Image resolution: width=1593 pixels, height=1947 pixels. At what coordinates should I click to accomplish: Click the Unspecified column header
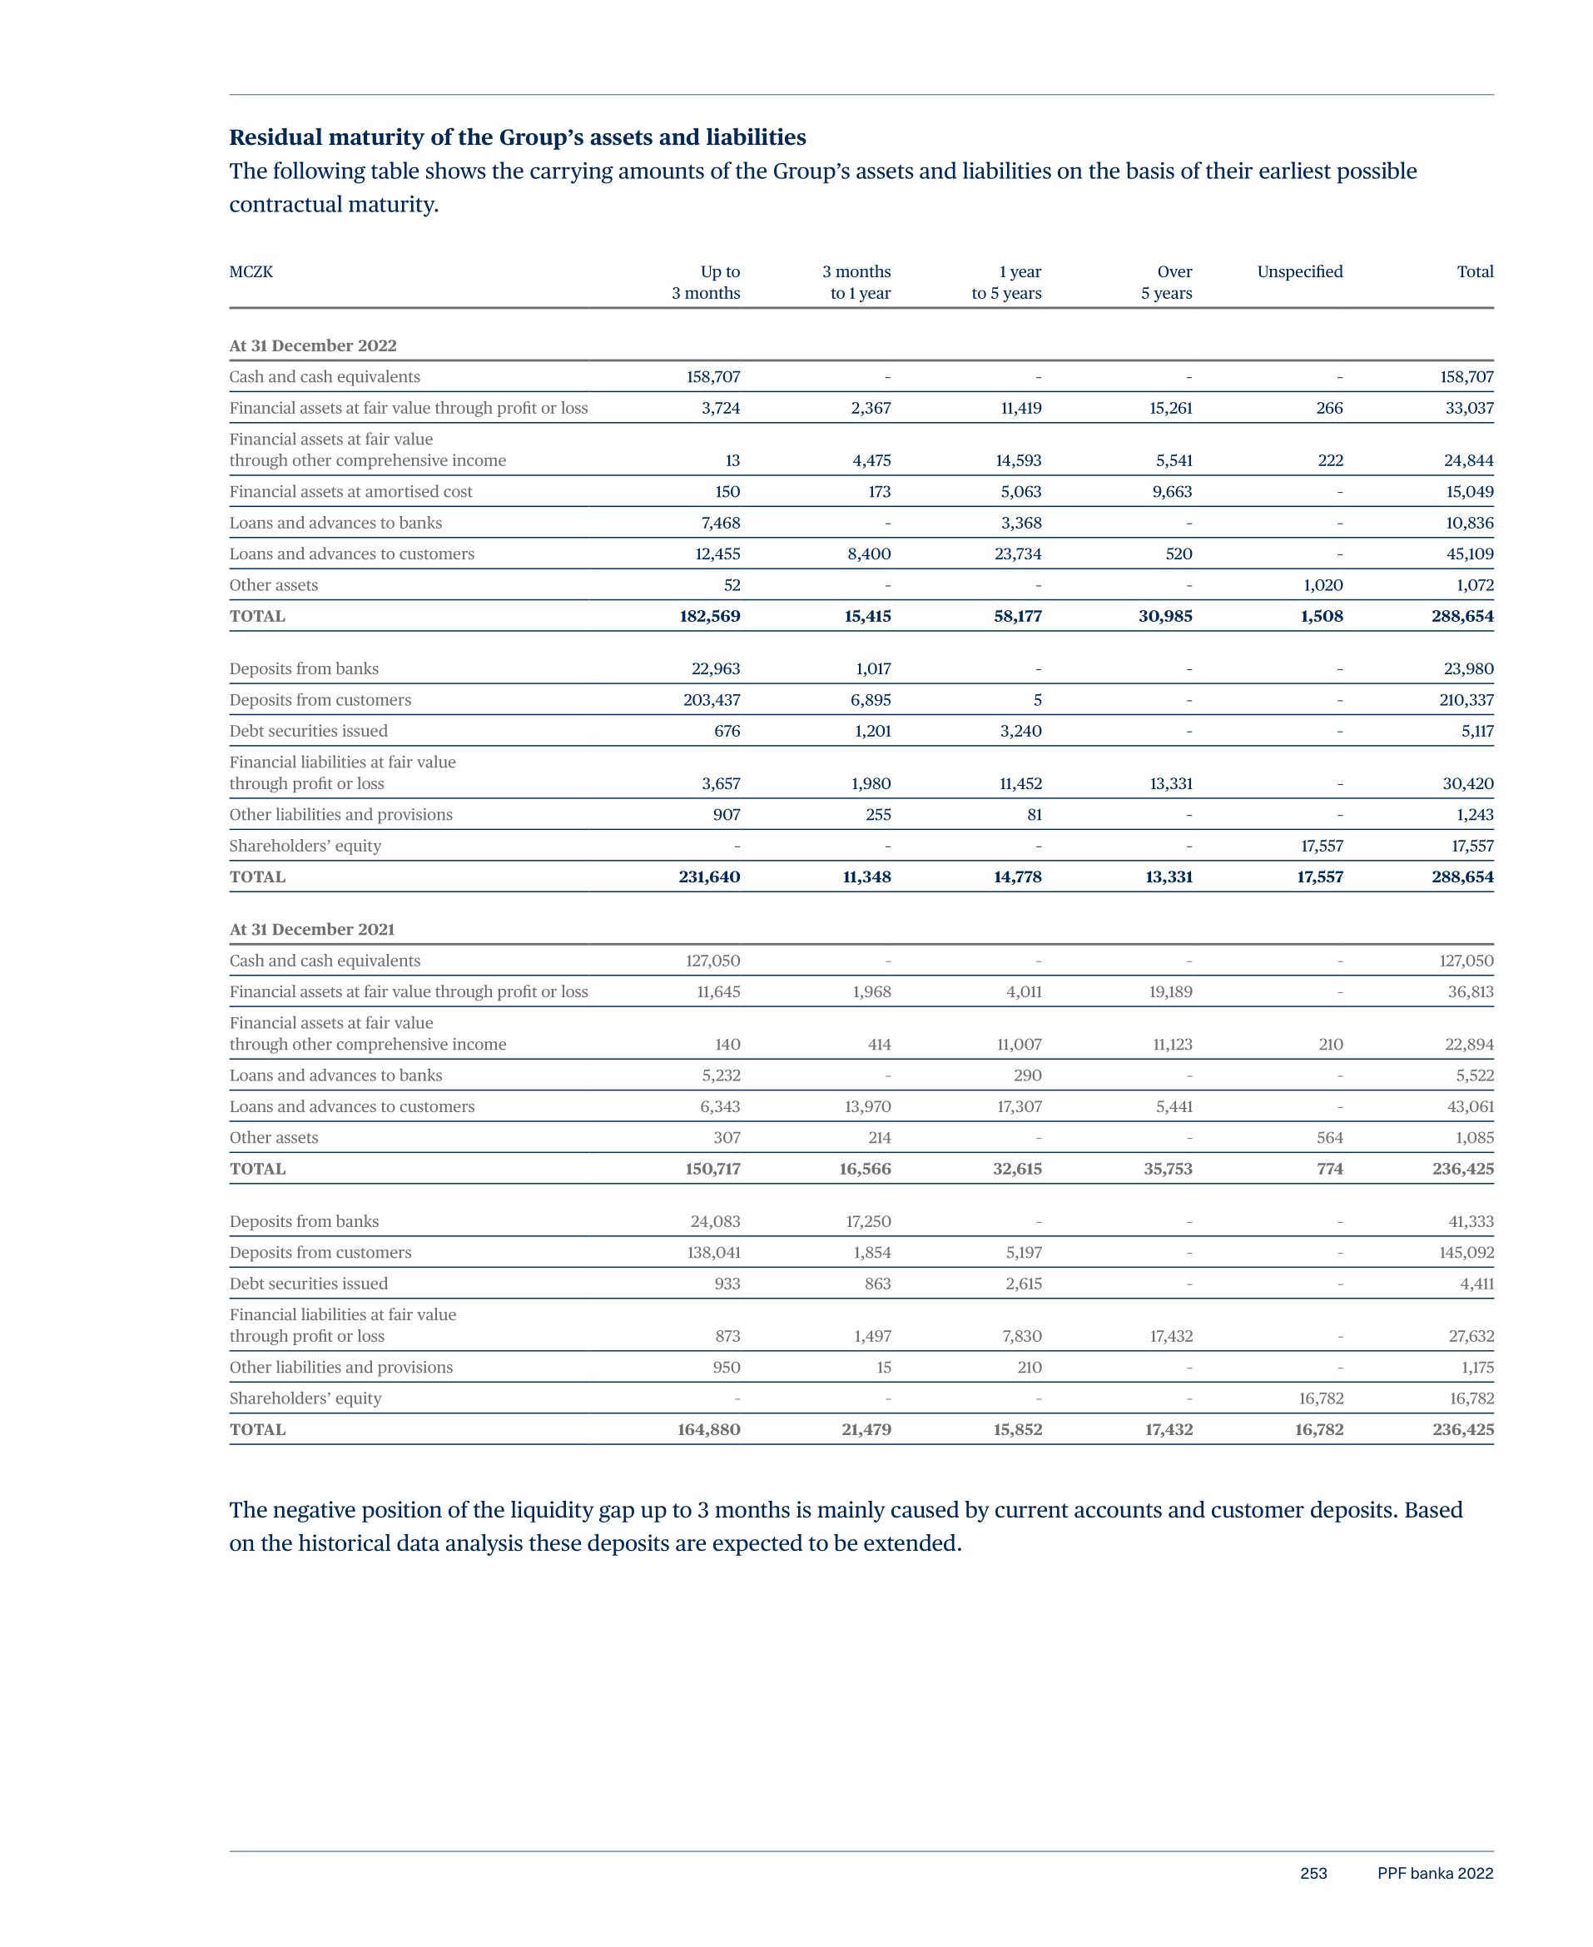pos(1299,271)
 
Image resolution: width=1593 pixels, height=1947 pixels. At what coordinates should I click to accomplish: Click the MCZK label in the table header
pos(251,271)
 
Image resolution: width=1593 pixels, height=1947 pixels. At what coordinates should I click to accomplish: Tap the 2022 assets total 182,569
pos(709,617)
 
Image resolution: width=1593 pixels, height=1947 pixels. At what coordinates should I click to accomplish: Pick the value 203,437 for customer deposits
pos(711,700)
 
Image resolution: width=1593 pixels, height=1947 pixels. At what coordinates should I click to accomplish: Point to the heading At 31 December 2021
pos(312,930)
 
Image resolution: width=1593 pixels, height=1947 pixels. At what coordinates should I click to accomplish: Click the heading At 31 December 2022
pos(313,346)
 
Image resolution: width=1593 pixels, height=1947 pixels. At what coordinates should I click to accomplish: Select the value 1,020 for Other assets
pos(1323,585)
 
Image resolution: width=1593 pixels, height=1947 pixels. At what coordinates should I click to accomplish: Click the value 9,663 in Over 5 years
pos(1172,492)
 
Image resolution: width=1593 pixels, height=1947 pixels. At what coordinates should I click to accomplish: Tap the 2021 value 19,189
pos(1170,992)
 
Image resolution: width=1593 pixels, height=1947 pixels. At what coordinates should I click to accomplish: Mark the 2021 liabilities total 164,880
pos(708,1429)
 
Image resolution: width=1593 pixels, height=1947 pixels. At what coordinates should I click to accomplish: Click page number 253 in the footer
pos(1313,1874)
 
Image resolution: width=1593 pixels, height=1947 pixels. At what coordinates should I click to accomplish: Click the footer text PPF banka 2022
pos(1434,1874)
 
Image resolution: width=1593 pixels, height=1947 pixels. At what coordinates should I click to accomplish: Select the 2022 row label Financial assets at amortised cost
pos(350,492)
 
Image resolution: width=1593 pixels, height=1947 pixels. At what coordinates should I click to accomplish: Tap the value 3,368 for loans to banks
pos(1020,523)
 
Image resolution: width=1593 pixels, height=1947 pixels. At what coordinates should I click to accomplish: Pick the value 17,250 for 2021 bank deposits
pos(867,1221)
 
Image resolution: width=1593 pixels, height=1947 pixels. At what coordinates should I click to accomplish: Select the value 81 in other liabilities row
pos(1035,815)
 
